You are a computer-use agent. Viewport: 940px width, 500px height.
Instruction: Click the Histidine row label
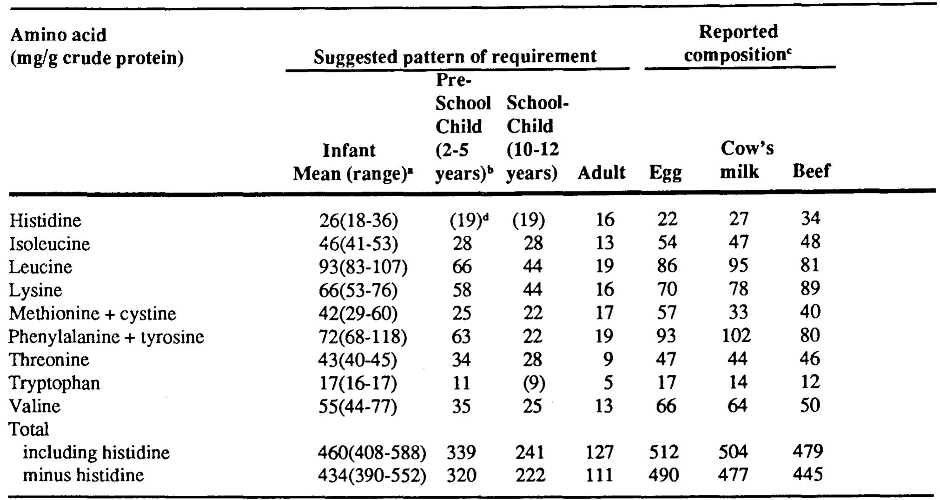click(45, 220)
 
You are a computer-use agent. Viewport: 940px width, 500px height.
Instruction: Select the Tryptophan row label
click(54, 383)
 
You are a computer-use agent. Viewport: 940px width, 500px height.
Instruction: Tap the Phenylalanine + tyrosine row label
click(106, 336)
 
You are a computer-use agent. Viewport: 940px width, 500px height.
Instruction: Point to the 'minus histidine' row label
click(83, 475)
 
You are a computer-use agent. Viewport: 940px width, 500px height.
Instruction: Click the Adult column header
click(602, 173)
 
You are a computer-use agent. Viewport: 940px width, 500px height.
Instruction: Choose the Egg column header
click(665, 173)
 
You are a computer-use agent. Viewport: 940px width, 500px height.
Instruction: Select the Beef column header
click(811, 171)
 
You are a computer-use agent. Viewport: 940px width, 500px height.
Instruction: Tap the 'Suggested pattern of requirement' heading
click(455, 57)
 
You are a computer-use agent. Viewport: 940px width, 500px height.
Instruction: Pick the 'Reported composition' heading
click(738, 43)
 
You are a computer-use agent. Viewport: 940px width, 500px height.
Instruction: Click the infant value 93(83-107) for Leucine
click(363, 267)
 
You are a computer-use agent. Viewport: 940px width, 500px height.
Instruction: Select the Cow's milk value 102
click(736, 335)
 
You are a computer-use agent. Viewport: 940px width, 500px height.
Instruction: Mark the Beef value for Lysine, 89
click(810, 289)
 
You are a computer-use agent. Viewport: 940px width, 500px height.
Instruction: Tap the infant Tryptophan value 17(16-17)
click(358, 383)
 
